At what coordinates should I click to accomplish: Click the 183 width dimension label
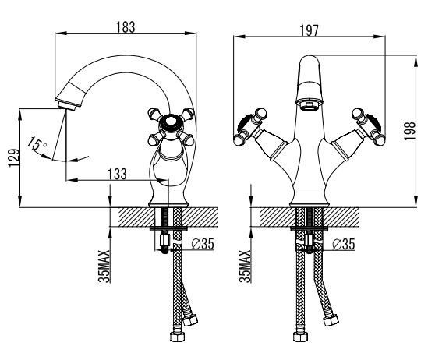tap(126, 27)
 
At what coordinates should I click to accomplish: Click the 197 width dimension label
tap(310, 30)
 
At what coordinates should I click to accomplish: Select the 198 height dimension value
tap(410, 131)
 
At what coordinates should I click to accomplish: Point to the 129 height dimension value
tap(14, 158)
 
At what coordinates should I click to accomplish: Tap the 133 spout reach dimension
tap(118, 174)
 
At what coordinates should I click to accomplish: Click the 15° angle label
tap(37, 143)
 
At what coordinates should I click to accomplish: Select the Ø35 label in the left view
tap(203, 244)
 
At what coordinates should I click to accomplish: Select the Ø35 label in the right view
tap(344, 244)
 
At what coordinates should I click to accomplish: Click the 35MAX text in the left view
tap(104, 266)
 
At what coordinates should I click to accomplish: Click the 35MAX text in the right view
tap(245, 266)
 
